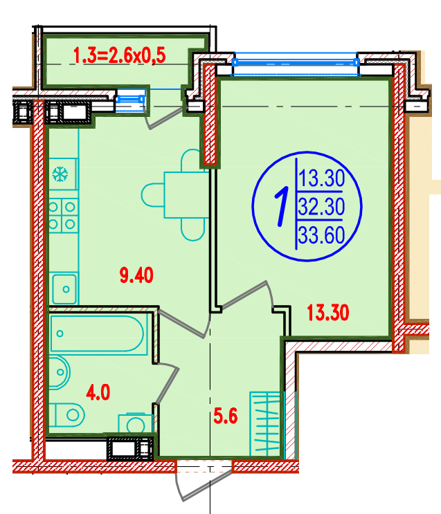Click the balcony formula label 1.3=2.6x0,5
tap(120, 55)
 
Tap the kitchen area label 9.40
tap(136, 275)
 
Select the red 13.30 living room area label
tap(327, 313)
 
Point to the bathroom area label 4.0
tap(98, 392)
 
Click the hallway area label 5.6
tap(226, 416)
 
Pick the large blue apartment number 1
tap(281, 207)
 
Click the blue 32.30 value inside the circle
tap(321, 207)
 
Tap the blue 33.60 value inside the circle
tap(321, 235)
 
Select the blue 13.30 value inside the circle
tap(321, 178)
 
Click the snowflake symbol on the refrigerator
tap(60, 174)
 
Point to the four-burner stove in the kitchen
tap(63, 215)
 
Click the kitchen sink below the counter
tap(64, 288)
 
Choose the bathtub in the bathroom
tap(98, 334)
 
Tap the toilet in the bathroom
tap(69, 414)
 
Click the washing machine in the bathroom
tap(136, 423)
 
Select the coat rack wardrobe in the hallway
tap(265, 423)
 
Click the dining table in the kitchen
tap(186, 195)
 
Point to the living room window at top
tap(296, 63)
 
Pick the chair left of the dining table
tap(153, 195)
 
